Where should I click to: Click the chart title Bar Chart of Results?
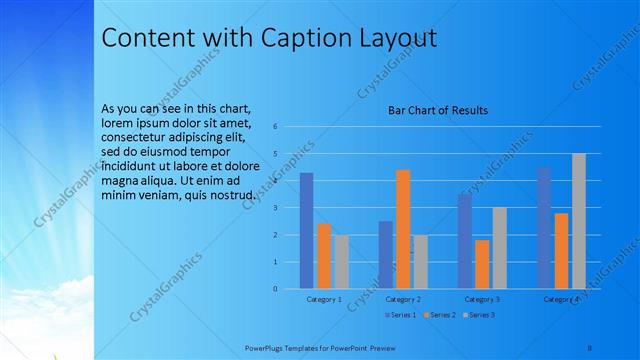coord(438,110)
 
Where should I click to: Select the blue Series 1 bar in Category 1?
coord(306,231)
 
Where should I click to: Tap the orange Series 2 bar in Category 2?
coord(403,229)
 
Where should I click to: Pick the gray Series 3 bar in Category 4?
coord(579,221)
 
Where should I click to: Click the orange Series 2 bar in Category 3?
coord(482,264)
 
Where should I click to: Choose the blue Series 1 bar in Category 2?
coord(385,255)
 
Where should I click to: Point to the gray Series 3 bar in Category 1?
coord(342,262)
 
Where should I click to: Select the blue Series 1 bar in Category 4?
coord(544,228)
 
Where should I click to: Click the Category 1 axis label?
coord(324,299)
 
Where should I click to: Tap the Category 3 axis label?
coord(482,299)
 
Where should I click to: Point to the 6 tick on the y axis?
coord(288,126)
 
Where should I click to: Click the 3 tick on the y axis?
coord(288,208)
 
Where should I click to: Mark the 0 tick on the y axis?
coord(288,289)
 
